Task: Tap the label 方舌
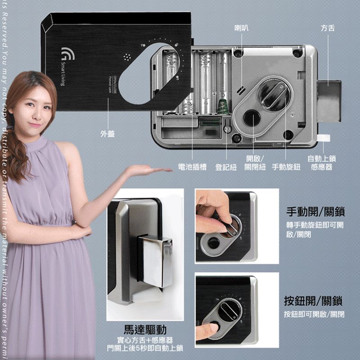328,28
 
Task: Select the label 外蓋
108,134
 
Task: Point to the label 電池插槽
192,167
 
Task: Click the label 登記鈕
226,167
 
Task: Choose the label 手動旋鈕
286,167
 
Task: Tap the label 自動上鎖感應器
322,163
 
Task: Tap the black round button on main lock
251,118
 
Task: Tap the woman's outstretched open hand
144,171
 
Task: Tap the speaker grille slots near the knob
240,90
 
